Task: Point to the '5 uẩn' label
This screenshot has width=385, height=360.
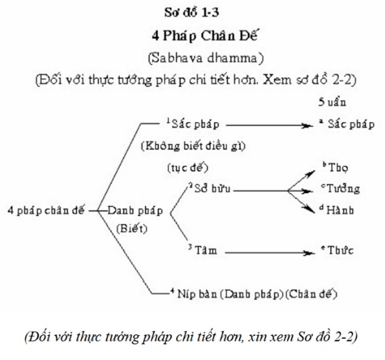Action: pyautogui.click(x=331, y=103)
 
